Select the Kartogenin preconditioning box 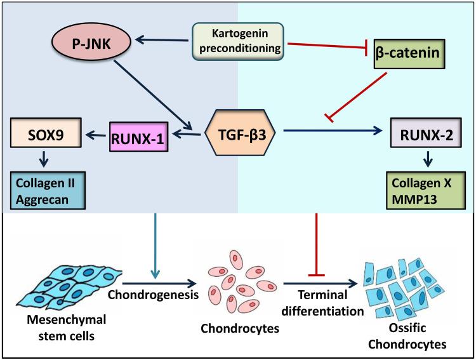[239, 40]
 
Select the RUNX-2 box [424, 135]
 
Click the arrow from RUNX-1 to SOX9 [93, 135]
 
